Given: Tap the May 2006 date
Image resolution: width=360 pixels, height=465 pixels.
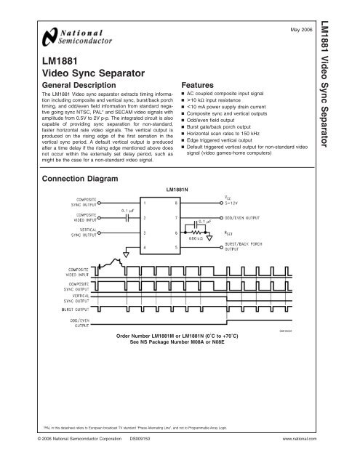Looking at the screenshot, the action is click(x=302, y=30).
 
